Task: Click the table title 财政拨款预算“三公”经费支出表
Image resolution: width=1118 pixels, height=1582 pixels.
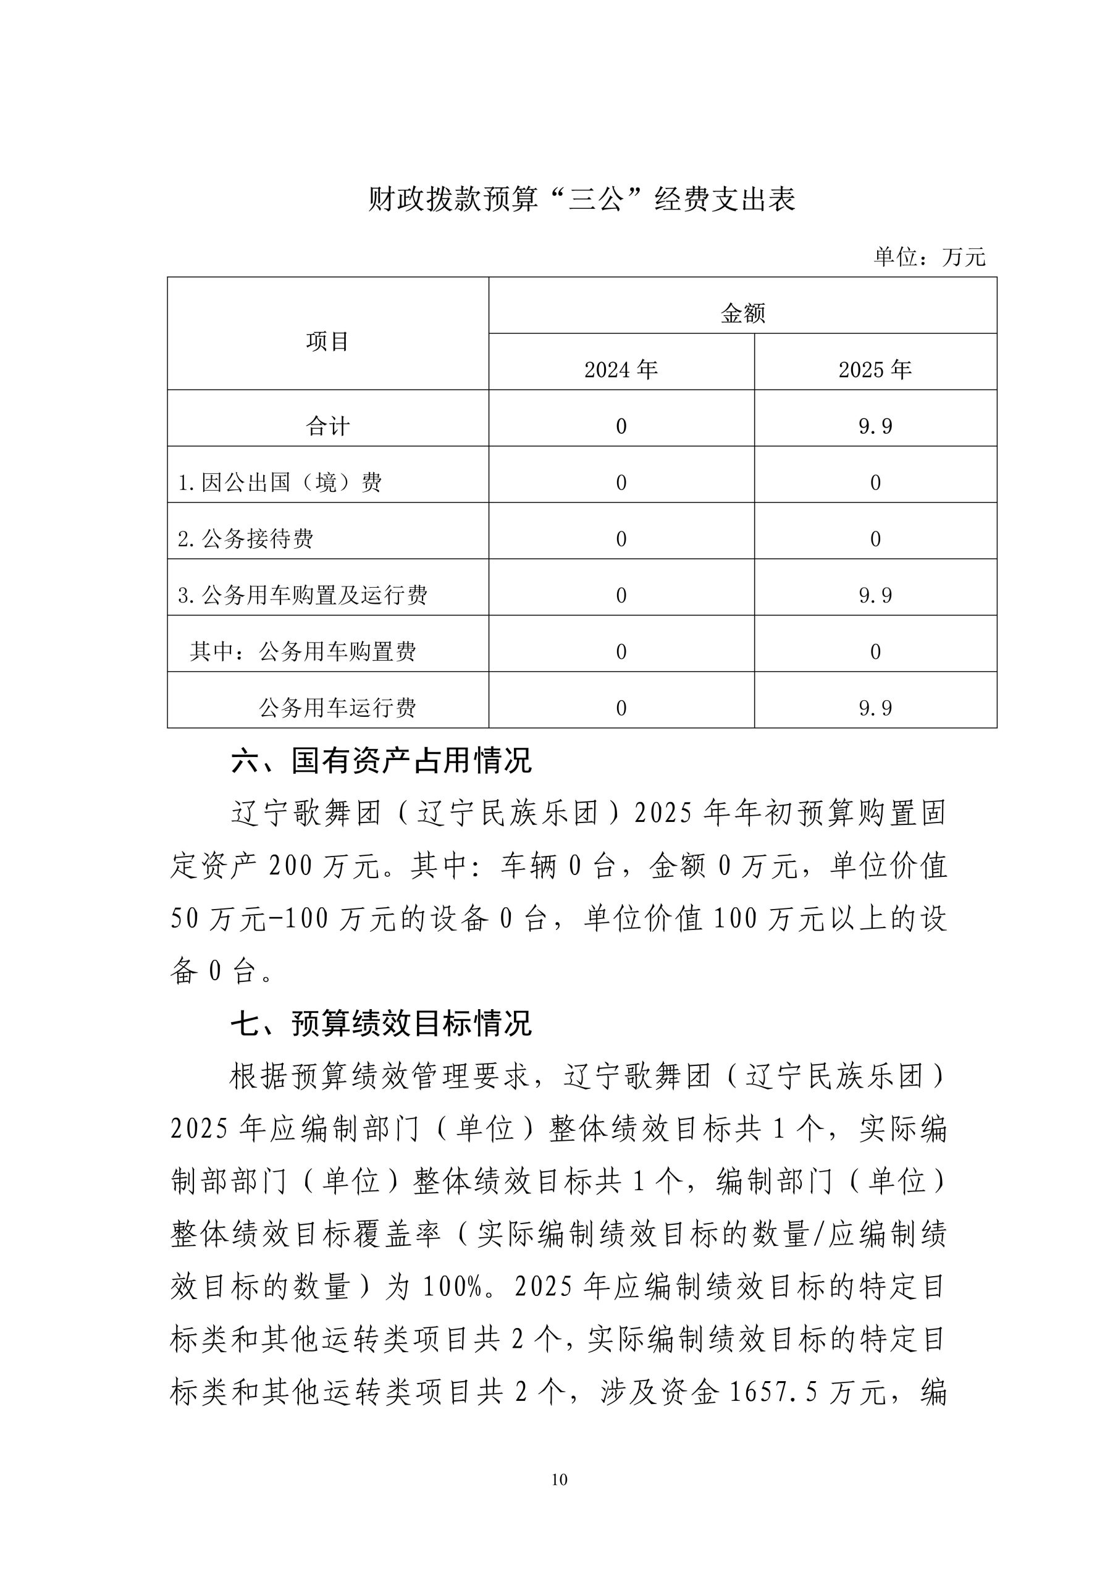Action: click(x=581, y=200)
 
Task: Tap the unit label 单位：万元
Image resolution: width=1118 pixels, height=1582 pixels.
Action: click(x=929, y=257)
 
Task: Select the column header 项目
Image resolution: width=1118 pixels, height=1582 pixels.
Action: click(x=327, y=341)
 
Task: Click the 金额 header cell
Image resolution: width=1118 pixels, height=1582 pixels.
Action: click(x=742, y=313)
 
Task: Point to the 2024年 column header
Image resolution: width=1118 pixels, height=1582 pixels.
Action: click(x=621, y=370)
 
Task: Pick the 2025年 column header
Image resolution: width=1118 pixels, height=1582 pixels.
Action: click(x=875, y=370)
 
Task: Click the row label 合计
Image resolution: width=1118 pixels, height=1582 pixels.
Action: click(x=327, y=426)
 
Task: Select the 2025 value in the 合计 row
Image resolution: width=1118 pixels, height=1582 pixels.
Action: click(x=875, y=426)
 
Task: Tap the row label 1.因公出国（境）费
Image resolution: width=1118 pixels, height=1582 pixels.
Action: click(x=280, y=482)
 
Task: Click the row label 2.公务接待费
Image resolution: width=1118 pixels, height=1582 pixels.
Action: click(x=245, y=539)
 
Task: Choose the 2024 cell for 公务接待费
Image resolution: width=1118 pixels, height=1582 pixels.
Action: click(x=621, y=539)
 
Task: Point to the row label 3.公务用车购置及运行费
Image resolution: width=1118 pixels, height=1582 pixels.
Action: click(x=303, y=595)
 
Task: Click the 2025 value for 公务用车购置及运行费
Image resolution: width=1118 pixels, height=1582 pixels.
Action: click(x=875, y=595)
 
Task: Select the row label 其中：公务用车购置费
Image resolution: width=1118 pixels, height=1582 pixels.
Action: click(x=303, y=652)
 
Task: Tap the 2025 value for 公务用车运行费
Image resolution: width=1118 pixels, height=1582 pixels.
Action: click(x=875, y=708)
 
